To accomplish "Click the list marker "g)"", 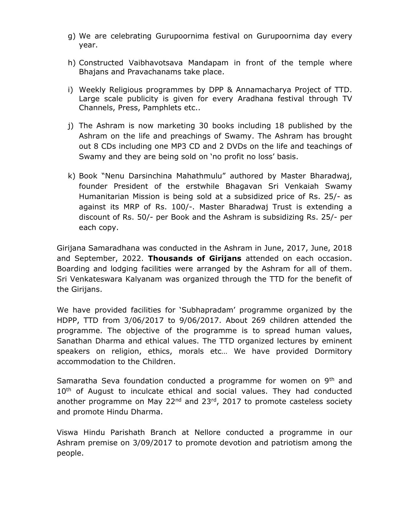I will pos(72,36).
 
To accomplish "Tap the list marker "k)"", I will pos(72,176).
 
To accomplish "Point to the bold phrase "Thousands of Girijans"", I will pos(195,258).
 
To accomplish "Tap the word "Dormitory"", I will pos(333,351).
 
